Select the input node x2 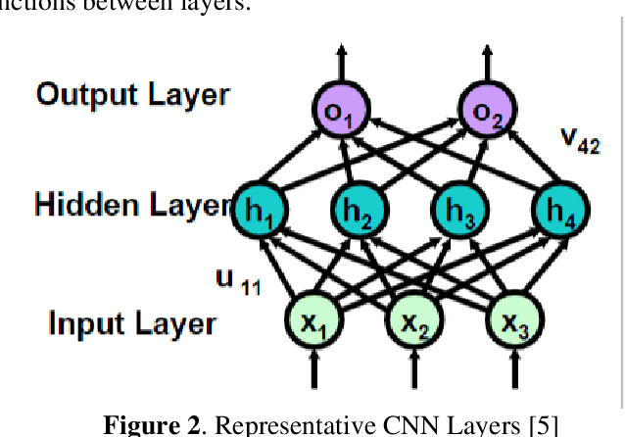(x=413, y=320)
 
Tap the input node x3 (x=514, y=320)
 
